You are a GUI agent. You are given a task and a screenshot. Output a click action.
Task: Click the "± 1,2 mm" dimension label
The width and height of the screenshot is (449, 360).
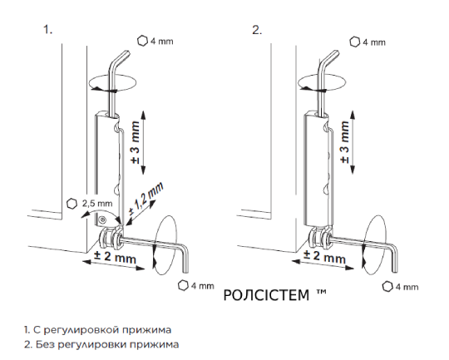click(x=146, y=198)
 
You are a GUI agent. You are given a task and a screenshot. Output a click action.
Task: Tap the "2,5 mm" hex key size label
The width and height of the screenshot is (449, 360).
click(x=97, y=204)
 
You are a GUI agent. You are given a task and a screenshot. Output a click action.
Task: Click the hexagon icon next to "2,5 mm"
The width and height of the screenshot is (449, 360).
click(x=72, y=204)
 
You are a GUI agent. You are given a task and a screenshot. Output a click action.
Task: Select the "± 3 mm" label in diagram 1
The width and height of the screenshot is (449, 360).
click(x=136, y=142)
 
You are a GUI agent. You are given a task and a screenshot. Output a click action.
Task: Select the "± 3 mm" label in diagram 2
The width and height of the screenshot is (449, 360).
click(x=345, y=142)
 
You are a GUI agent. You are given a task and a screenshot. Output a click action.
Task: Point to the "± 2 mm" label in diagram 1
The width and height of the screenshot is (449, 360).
click(x=115, y=256)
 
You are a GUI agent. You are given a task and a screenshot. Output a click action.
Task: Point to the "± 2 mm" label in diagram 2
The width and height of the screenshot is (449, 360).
click(x=324, y=256)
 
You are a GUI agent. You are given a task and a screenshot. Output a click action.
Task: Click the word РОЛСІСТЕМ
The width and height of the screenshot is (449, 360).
click(x=266, y=295)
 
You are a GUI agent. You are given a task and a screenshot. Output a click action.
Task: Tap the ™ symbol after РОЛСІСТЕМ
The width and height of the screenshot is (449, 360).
click(x=322, y=292)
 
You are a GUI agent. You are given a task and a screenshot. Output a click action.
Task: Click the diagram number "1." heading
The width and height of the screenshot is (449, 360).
click(x=48, y=29)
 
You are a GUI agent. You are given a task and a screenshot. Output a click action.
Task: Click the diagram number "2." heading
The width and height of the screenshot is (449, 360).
click(x=257, y=29)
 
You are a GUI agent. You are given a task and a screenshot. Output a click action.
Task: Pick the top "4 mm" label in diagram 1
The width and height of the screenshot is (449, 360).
click(x=162, y=42)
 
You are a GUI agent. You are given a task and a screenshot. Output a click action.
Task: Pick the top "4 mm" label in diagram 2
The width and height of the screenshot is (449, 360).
click(x=374, y=42)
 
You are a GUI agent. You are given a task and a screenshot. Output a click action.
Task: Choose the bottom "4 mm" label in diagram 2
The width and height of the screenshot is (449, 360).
click(x=407, y=287)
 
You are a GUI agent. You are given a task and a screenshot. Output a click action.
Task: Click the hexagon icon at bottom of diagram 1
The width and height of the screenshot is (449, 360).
click(x=183, y=285)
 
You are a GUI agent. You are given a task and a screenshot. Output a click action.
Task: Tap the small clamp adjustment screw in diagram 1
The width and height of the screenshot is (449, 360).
click(x=102, y=220)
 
